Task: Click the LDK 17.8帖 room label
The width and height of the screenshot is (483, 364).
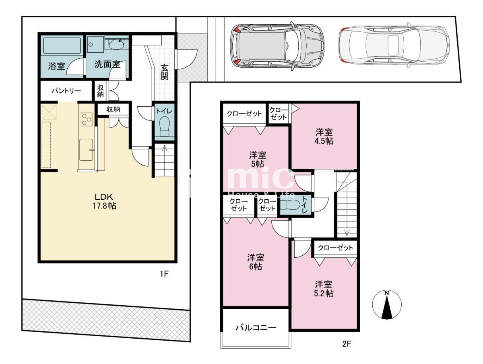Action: click(x=104, y=201)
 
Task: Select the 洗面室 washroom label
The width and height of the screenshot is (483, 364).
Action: click(x=107, y=64)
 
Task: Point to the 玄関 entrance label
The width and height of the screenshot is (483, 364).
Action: click(x=164, y=72)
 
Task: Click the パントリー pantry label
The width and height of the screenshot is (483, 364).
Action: click(x=66, y=91)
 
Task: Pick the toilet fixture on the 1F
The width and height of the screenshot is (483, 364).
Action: click(x=164, y=126)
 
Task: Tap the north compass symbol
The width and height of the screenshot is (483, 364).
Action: click(x=387, y=305)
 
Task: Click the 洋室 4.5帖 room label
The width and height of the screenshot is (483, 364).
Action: click(x=324, y=136)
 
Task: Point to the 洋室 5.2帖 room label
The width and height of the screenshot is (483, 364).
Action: click(x=324, y=289)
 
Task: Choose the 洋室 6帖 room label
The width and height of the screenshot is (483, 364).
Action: click(x=256, y=262)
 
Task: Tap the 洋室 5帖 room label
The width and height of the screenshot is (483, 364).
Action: click(x=258, y=159)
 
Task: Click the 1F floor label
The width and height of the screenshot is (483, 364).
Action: click(x=164, y=274)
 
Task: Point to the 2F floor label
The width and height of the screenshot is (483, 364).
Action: click(x=347, y=343)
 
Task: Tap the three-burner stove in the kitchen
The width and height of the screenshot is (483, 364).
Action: click(x=87, y=119)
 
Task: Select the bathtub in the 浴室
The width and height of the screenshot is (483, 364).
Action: click(x=62, y=45)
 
